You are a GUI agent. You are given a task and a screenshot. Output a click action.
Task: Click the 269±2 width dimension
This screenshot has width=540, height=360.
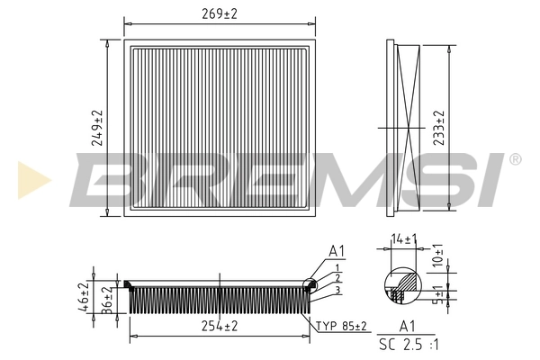coord(220,13)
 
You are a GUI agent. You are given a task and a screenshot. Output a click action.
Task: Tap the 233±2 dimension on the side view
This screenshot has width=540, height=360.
coord(439,128)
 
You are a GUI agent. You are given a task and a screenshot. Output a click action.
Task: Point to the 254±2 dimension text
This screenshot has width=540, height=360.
coord(220,326)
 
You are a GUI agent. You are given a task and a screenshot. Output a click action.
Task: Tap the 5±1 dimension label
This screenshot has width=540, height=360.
coord(438,294)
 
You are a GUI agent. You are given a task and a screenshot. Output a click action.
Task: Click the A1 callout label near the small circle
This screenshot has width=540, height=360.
coord(337,250)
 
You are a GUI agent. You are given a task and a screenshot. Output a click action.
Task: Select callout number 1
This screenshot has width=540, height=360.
coord(336,268)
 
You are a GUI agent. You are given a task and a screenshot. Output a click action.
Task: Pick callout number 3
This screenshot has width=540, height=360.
coord(336,289)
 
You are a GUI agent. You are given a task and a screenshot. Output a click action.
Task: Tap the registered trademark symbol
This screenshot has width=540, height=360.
coord(514,159)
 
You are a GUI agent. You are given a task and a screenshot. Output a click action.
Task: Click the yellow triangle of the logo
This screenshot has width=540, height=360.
coord(32,180)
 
